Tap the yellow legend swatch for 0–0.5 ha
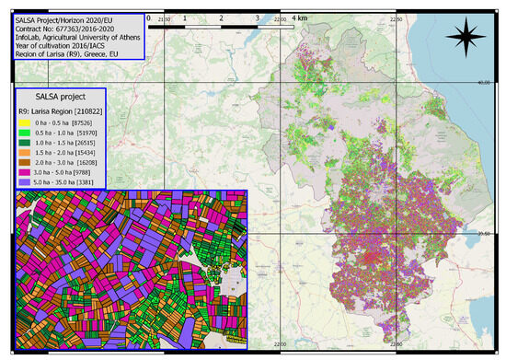click(x=22, y=123)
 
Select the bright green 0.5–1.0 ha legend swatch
click(x=22, y=134)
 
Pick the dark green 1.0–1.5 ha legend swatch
click(x=22, y=144)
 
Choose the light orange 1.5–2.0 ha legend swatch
click(x=22, y=153)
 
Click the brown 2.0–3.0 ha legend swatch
click(x=22, y=163)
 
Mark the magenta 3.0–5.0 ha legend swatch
click(x=22, y=172)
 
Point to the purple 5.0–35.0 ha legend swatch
click(x=22, y=182)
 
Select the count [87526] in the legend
click(x=84, y=123)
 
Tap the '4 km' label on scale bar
click(x=301, y=17)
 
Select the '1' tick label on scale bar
click(x=185, y=17)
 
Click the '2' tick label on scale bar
click(x=221, y=17)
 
